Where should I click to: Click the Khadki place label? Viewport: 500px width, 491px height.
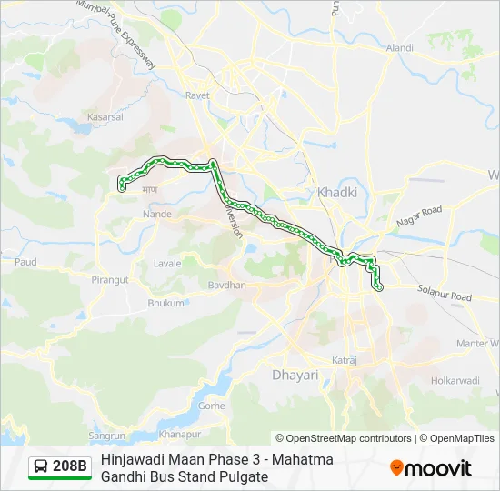(x=336, y=193)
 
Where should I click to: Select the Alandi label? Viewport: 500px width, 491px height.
(x=399, y=47)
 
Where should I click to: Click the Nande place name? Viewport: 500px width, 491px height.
(x=156, y=215)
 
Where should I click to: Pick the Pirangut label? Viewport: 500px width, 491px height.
(x=110, y=280)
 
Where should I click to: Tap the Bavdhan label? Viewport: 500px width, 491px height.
(x=226, y=285)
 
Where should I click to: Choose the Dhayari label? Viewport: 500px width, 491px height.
(x=295, y=374)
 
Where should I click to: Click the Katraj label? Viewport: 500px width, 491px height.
(x=344, y=361)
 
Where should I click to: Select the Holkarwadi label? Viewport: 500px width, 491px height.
(x=454, y=380)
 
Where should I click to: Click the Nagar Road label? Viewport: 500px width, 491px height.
(x=418, y=216)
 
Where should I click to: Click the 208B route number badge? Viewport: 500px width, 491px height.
(x=70, y=466)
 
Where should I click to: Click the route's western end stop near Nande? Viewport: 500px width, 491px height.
(x=121, y=189)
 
